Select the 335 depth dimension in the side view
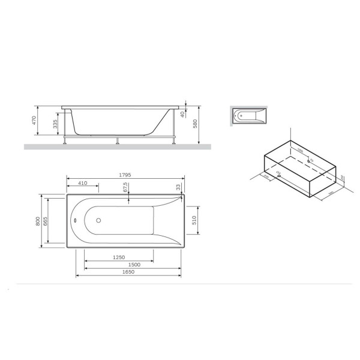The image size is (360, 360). pyautogui.click(x=55, y=124)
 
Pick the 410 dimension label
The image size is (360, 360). pyautogui.click(x=83, y=182)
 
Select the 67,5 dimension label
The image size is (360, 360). pyautogui.click(x=126, y=188)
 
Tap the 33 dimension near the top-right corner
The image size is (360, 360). pyautogui.click(x=178, y=187)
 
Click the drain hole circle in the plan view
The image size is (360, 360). pyautogui.click(x=98, y=220)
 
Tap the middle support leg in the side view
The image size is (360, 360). pyautogui.click(x=118, y=140)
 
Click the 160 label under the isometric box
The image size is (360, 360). pyautogui.click(x=331, y=193)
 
